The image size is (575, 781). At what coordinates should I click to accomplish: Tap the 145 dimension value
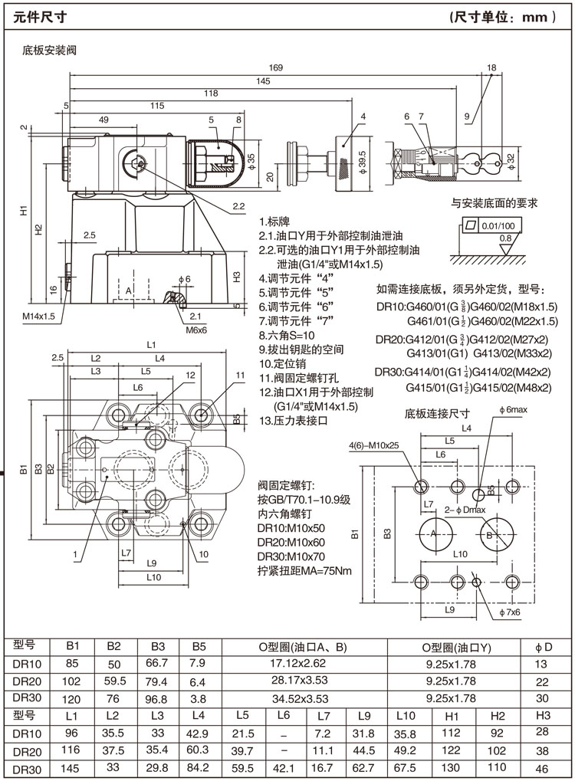[x=263, y=80]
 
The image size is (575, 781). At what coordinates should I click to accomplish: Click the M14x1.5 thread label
[x=38, y=317]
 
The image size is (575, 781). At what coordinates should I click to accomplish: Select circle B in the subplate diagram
[x=488, y=535]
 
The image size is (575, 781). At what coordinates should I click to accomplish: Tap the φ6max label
[x=512, y=411]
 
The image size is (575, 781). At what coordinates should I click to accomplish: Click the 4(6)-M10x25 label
[x=374, y=445]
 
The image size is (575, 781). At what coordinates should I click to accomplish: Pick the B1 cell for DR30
[x=73, y=698]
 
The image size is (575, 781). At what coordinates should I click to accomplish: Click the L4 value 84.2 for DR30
[x=199, y=769]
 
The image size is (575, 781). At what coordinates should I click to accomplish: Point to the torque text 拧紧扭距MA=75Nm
[x=304, y=571]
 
